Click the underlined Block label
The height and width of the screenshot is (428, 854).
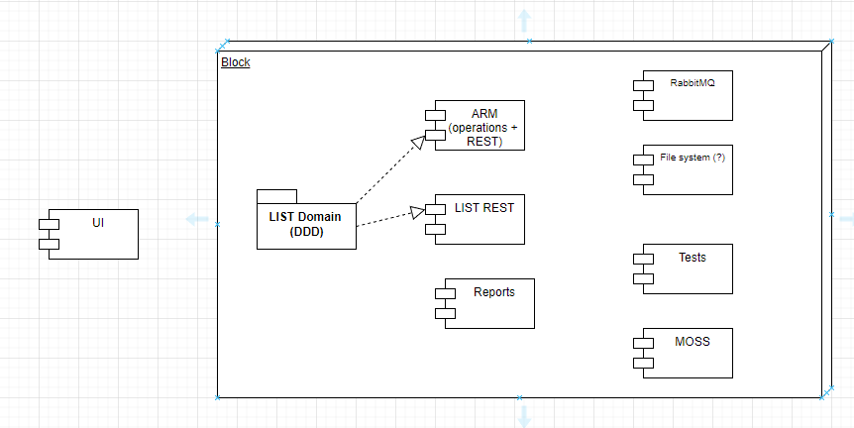coord(235,62)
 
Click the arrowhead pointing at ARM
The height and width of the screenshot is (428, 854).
coord(417,143)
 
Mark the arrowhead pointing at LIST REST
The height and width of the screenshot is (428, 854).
coord(417,211)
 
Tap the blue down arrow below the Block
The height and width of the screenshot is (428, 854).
coord(523,416)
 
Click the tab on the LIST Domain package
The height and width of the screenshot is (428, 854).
coord(276,195)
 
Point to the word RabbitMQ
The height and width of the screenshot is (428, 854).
coord(693,84)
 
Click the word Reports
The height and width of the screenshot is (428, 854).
coord(494,292)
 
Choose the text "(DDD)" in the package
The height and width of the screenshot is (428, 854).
coord(305,233)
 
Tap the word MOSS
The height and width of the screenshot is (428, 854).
coord(694,342)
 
